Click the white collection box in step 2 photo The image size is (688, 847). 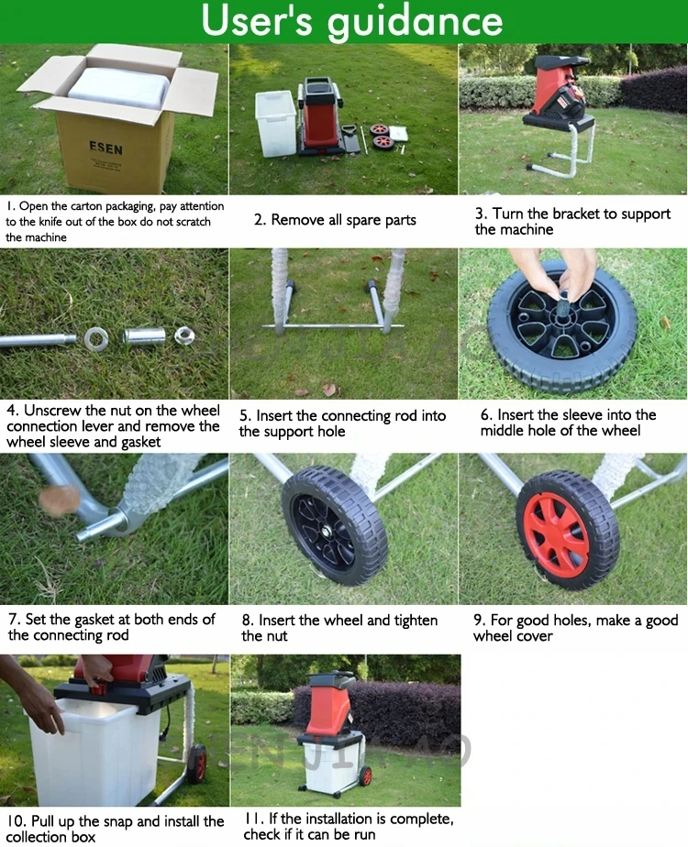pos(275,123)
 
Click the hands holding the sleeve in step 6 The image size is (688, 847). pos(566,272)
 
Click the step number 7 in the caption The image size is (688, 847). pos(13,620)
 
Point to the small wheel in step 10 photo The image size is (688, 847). pos(196,763)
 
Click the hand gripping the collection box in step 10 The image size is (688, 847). pos(40,702)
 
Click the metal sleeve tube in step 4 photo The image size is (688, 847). pos(144,335)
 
